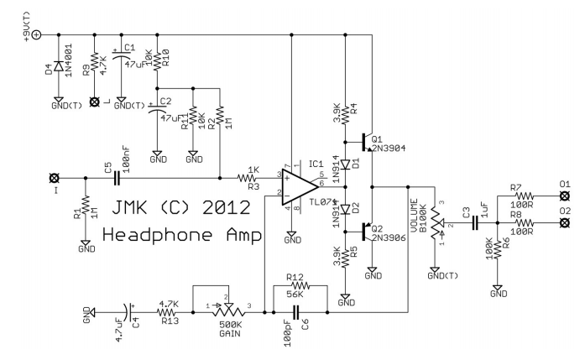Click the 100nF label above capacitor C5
click(127, 159)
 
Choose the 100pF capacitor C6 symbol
click(296, 311)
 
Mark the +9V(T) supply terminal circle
click(34, 34)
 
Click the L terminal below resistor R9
click(94, 102)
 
